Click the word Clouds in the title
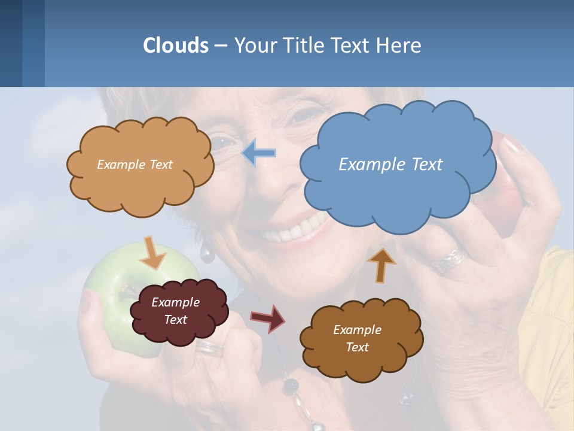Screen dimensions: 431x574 click(176, 45)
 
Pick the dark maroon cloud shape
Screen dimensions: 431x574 click(178, 311)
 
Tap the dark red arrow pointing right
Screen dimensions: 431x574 click(268, 318)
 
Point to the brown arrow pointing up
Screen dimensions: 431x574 click(381, 264)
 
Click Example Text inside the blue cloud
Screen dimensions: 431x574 click(390, 164)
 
